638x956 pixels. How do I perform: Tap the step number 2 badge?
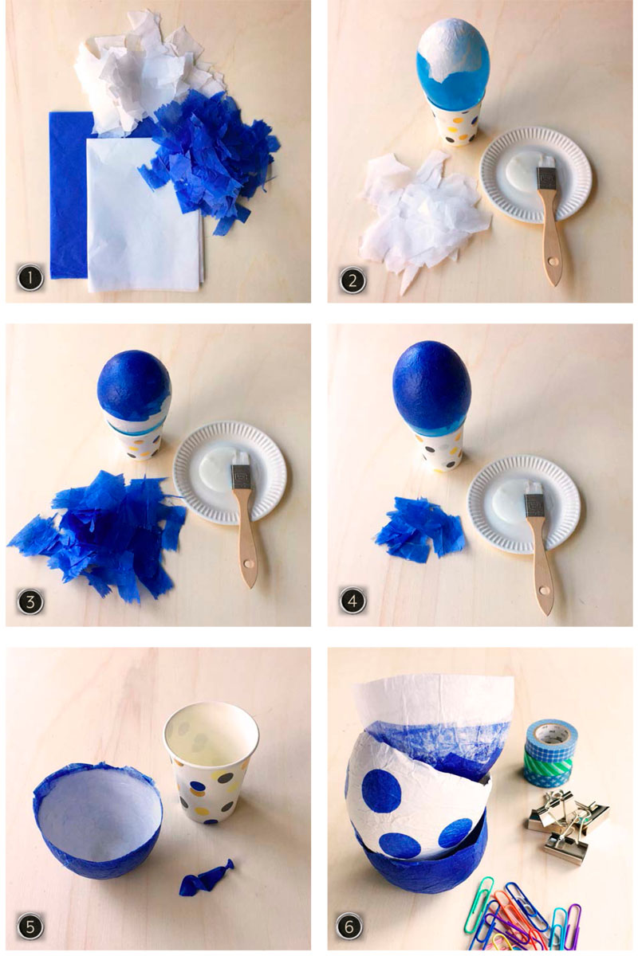point(352,280)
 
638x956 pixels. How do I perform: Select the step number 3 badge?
point(30,601)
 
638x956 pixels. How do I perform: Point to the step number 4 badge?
point(352,601)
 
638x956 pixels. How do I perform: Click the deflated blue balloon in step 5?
point(207,870)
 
